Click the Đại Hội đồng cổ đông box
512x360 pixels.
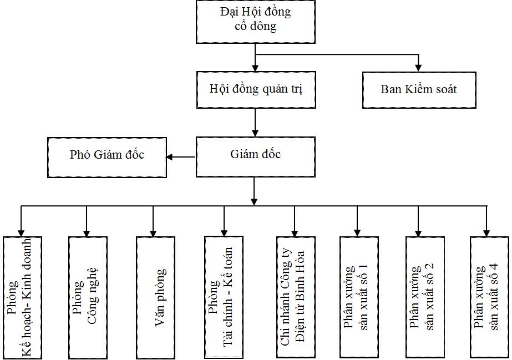pyautogui.click(x=256, y=22)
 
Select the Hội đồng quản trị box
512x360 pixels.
pyautogui.click(x=256, y=90)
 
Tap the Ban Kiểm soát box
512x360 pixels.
pyautogui.click(x=419, y=90)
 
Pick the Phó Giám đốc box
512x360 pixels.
pyautogui.click(x=107, y=158)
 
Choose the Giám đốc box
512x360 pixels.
pyautogui.click(x=256, y=157)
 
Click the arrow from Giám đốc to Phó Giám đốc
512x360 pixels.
pyautogui.click(x=181, y=157)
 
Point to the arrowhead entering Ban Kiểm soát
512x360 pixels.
pyautogui.click(x=418, y=68)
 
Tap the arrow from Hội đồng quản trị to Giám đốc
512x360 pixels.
pyautogui.click(x=255, y=123)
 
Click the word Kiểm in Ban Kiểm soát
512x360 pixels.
pyautogui.click(x=419, y=89)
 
